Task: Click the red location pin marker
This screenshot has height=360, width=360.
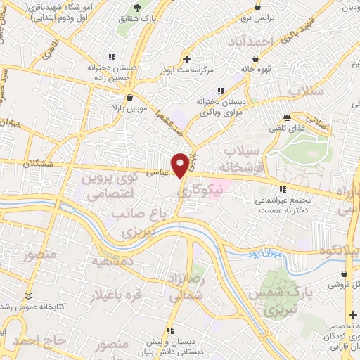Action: [181, 165]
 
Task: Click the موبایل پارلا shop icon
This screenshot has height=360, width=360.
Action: [129, 98]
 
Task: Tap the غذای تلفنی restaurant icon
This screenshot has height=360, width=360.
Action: [286, 117]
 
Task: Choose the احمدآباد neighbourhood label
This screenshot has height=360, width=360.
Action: [249, 43]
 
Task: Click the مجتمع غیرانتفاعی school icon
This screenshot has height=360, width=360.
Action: [283, 188]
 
